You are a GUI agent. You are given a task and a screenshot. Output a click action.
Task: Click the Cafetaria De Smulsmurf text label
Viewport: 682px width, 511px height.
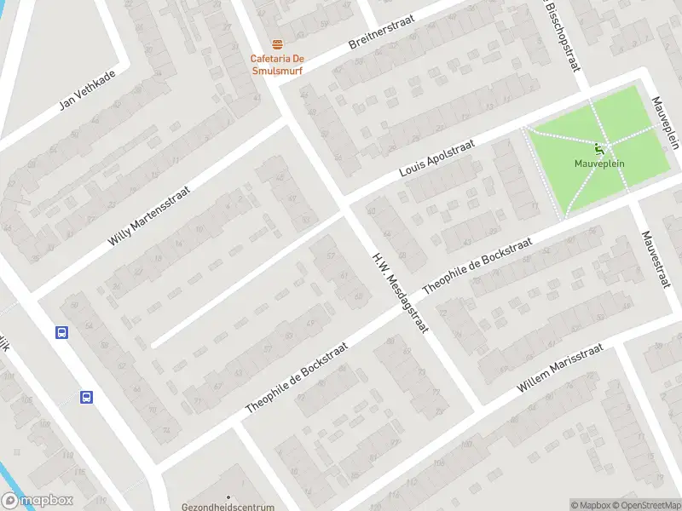pyautogui.click(x=276, y=65)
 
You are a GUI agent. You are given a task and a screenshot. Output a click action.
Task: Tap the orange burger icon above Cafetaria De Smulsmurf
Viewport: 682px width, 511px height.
pyautogui.click(x=276, y=44)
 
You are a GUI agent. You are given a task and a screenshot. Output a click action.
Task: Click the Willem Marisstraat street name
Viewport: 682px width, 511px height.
pyautogui.click(x=560, y=368)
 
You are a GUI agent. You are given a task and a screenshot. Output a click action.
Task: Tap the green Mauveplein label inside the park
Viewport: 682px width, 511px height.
pyautogui.click(x=599, y=164)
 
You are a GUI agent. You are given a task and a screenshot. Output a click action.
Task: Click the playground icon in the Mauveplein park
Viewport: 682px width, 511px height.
pyautogui.click(x=600, y=150)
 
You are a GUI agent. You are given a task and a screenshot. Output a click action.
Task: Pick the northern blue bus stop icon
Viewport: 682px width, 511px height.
pyautogui.click(x=61, y=333)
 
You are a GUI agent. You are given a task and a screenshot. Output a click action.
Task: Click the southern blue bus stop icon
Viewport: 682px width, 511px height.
pyautogui.click(x=86, y=397)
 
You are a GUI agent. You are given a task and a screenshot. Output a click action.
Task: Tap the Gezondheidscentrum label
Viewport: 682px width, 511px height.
pyautogui.click(x=218, y=506)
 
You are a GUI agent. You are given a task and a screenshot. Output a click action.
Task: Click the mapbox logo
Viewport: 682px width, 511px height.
pyautogui.click(x=38, y=501)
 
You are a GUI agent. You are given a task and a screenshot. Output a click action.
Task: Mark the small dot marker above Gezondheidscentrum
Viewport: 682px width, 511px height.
pyautogui.click(x=228, y=497)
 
